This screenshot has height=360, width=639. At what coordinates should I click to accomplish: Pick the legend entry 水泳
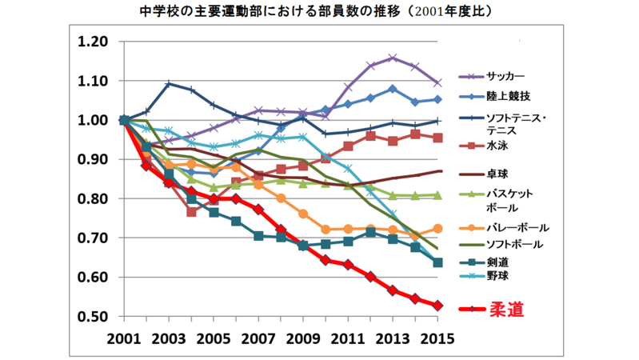point(496,146)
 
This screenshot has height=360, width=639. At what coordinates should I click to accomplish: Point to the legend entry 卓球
point(496,172)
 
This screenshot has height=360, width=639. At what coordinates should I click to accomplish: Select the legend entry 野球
point(496,276)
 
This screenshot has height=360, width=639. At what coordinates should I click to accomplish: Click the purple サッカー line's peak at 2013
point(393,58)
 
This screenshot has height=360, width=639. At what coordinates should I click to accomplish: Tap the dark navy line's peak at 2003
point(169,83)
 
